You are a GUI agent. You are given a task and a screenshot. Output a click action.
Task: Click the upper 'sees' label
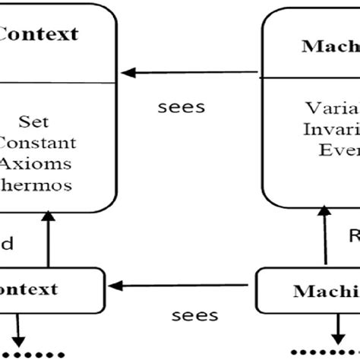[182, 106]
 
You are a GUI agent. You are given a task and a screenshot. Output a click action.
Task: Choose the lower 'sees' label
[195, 314]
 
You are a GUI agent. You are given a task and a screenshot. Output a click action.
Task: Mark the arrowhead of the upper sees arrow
[129, 73]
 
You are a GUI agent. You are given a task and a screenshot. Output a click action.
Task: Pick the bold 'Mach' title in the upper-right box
[329, 47]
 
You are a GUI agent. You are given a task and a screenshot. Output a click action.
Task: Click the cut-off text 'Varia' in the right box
[333, 106]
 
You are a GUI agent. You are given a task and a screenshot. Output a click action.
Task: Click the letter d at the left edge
[6, 245]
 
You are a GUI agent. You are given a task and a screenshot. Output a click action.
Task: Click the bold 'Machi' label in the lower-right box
[326, 292]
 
